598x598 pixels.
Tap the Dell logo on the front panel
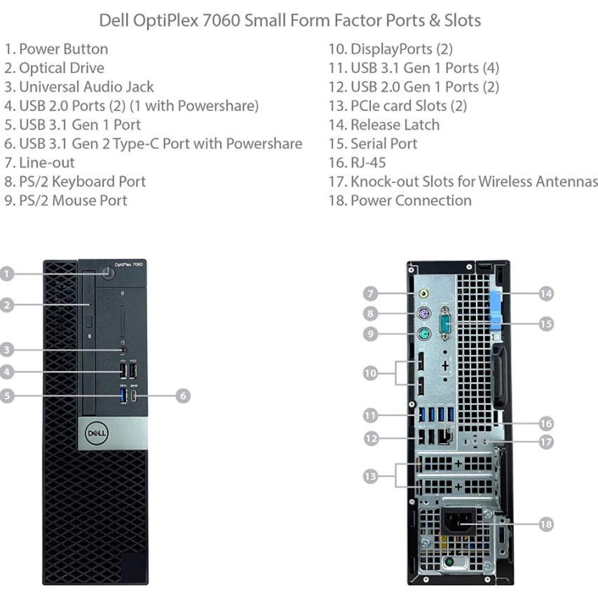(97, 433)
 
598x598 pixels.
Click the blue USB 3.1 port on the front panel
(123, 395)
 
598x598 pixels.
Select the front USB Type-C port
(133, 396)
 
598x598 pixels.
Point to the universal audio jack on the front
(123, 350)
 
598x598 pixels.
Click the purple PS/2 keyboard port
(423, 315)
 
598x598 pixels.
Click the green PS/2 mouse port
(423, 334)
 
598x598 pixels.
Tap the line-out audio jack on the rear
(423, 294)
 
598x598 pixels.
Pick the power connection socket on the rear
(458, 522)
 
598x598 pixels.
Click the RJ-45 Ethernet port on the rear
(445, 436)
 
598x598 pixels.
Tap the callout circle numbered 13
(370, 476)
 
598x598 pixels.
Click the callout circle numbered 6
(183, 395)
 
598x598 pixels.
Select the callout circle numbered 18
(546, 524)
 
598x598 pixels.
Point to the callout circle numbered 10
(370, 373)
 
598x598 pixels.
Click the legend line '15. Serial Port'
(373, 144)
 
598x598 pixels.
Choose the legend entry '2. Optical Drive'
(54, 68)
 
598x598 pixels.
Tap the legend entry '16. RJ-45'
(358, 163)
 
